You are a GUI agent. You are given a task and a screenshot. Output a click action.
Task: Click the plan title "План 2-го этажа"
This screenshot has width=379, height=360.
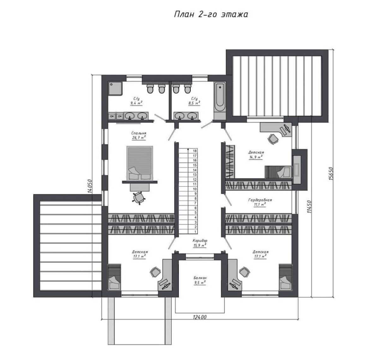coord(211,15)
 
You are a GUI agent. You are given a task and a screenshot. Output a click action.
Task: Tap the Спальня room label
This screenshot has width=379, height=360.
coord(139,133)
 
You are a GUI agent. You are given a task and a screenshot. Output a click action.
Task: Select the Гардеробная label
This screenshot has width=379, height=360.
coord(260,200)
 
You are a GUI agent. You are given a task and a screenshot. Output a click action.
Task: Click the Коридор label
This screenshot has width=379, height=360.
coord(200,240)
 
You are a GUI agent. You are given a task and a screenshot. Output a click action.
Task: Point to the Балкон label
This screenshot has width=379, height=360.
coord(200,278)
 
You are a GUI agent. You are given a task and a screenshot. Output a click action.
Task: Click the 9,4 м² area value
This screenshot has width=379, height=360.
coord(136,103)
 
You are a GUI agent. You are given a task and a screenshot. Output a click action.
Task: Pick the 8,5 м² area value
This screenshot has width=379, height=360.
coord(194,103)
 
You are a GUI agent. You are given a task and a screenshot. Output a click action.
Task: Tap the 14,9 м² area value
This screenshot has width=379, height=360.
coord(256,157)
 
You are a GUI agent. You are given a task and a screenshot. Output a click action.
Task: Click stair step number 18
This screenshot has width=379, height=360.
coord(195,151)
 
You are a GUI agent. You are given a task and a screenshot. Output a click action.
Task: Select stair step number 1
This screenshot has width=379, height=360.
coord(195,232)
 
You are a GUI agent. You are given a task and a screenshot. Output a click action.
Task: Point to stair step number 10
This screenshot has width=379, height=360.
coord(195,189)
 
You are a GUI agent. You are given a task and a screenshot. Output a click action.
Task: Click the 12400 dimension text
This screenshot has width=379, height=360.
coord(200,317)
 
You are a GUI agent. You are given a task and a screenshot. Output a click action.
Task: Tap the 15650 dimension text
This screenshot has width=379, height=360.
coord(330,173)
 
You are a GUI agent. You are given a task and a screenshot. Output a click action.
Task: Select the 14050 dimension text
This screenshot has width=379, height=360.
coord(90,186)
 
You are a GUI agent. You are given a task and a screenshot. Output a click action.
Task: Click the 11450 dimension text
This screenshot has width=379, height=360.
coord(309,207)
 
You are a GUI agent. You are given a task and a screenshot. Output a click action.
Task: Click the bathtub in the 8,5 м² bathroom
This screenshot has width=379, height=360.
coord(220,97)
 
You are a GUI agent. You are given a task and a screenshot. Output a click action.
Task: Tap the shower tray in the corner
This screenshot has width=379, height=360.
coord(115,89)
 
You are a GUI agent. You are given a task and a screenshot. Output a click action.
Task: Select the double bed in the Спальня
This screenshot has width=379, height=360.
coord(140,163)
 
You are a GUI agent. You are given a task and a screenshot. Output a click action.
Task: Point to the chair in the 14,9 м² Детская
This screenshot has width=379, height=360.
coord(273,139)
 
